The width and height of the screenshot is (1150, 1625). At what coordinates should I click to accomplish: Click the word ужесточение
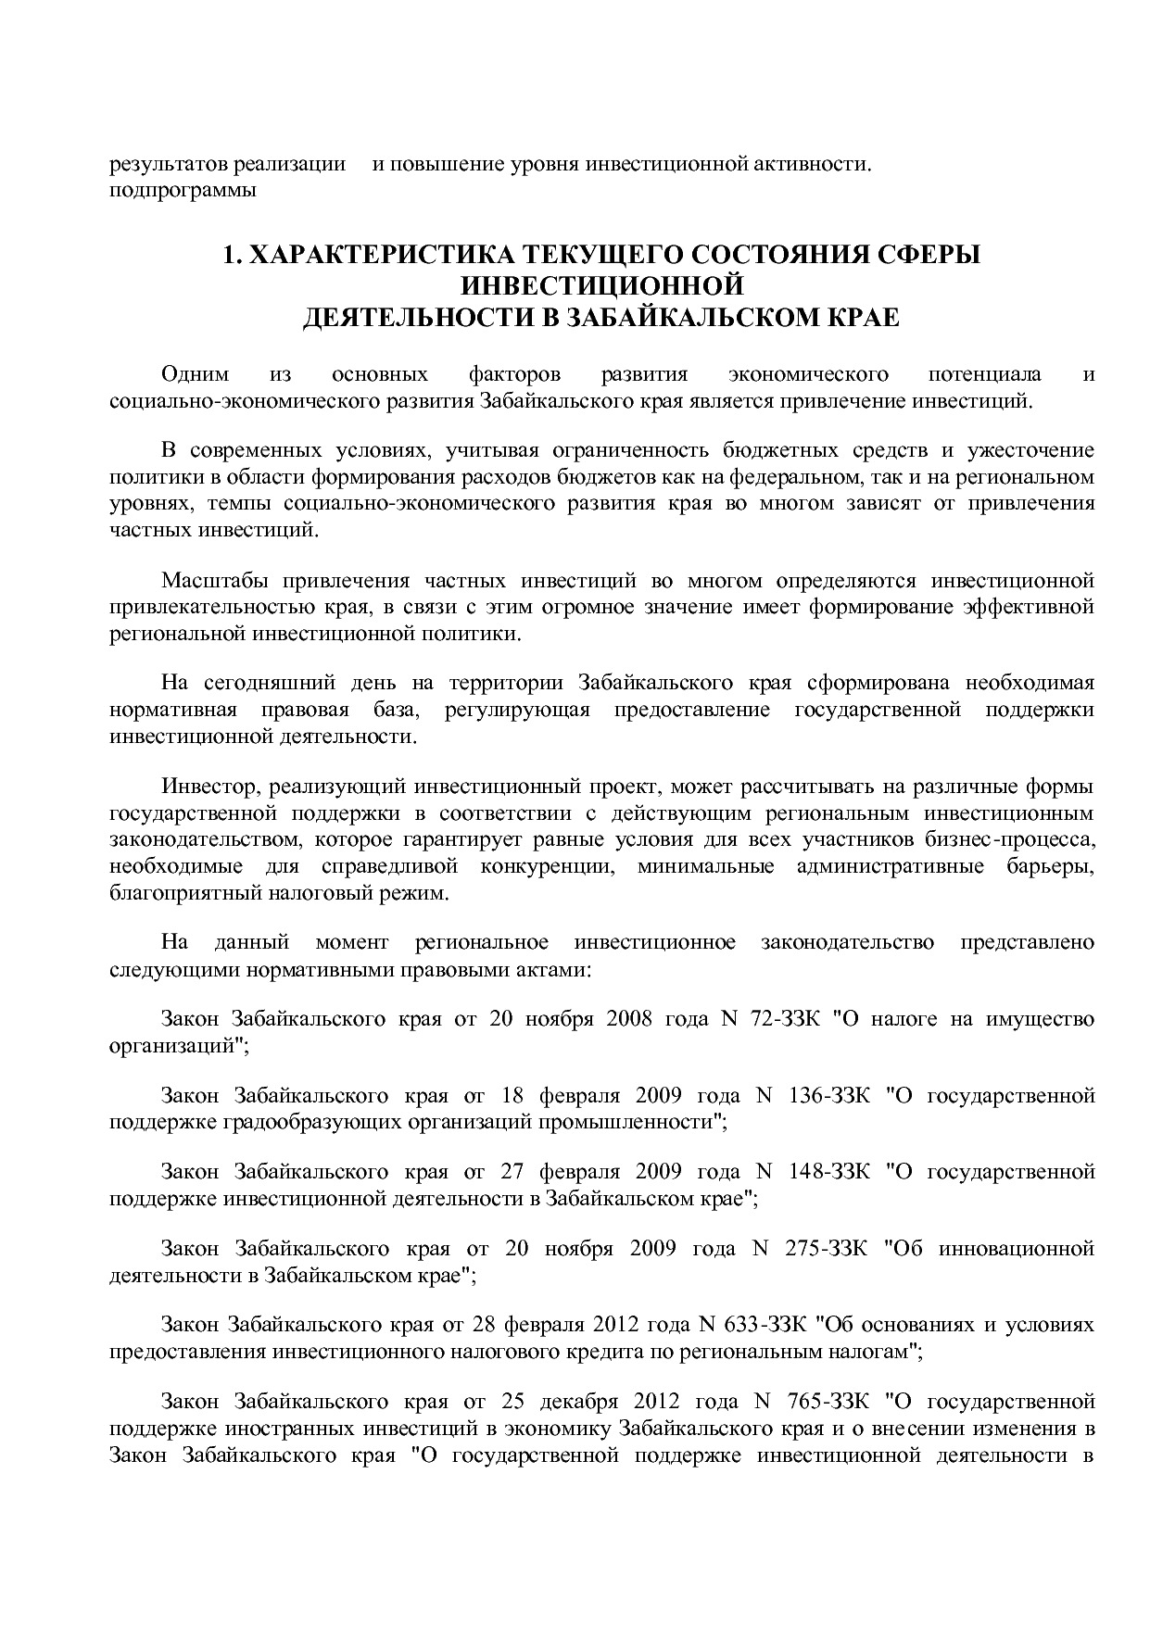pyautogui.click(x=1031, y=451)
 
